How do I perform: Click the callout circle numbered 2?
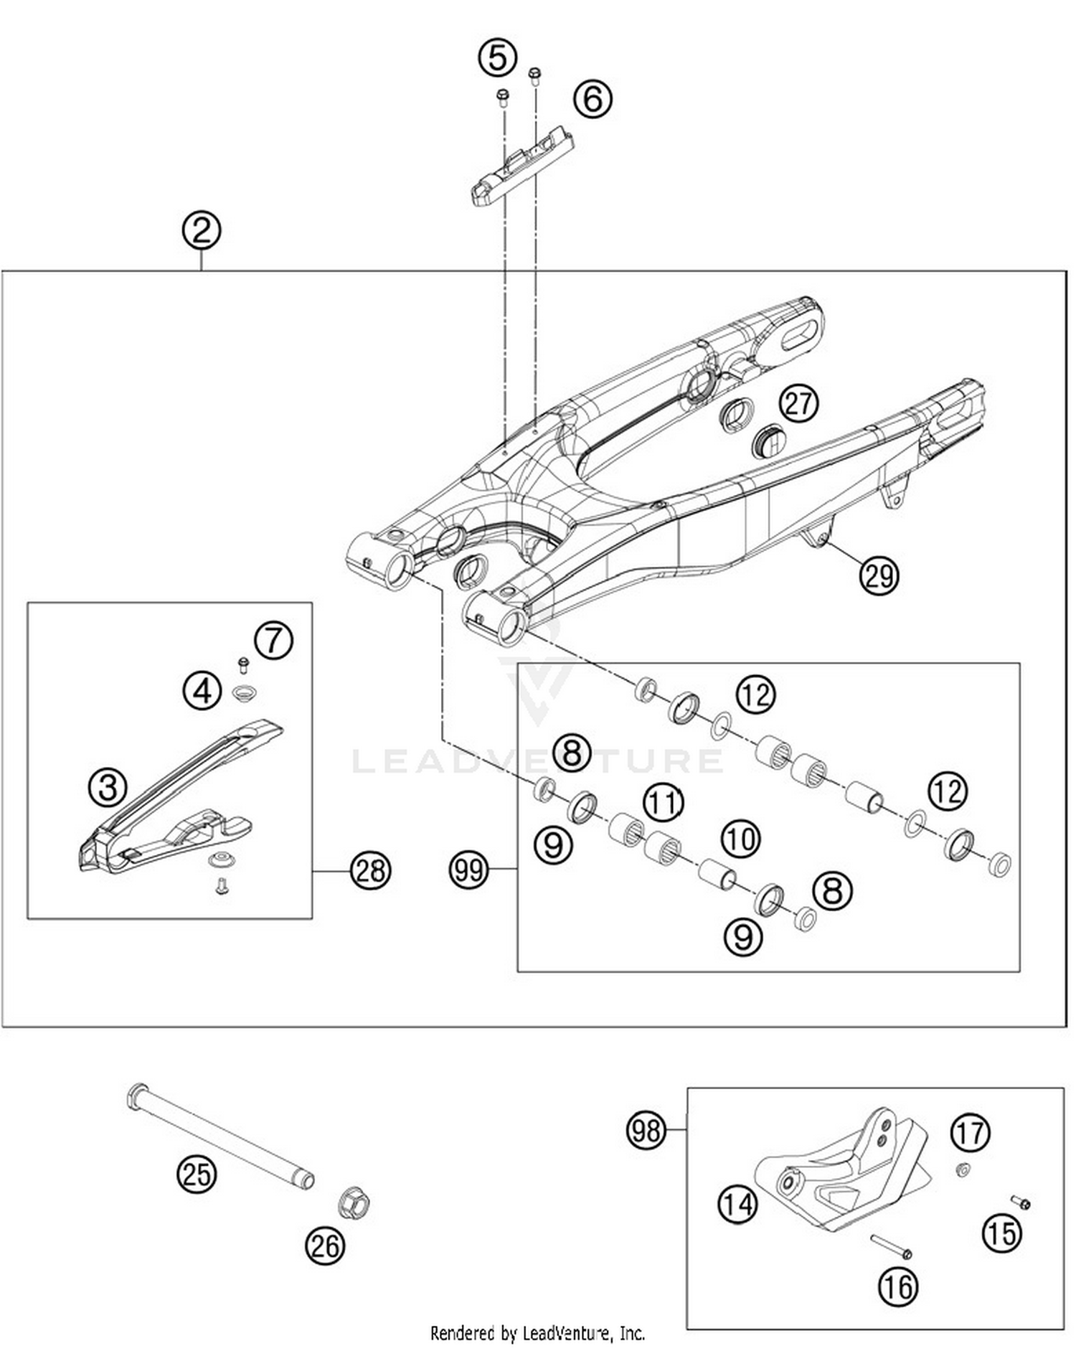click(x=201, y=230)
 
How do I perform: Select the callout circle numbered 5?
click(x=498, y=57)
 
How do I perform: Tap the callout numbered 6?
click(x=593, y=99)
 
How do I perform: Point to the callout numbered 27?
click(x=798, y=404)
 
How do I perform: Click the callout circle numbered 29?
click(x=879, y=575)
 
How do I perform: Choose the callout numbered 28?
click(x=370, y=870)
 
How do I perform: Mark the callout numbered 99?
click(x=468, y=870)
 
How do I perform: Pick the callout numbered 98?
click(x=646, y=1131)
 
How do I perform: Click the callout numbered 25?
click(x=197, y=1175)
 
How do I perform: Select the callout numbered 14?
click(x=737, y=1203)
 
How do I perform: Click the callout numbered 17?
click(x=970, y=1133)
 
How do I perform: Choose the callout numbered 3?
click(x=108, y=786)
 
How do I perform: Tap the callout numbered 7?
click(x=273, y=639)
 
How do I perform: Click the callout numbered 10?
click(x=740, y=838)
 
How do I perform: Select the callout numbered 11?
click(x=663, y=802)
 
